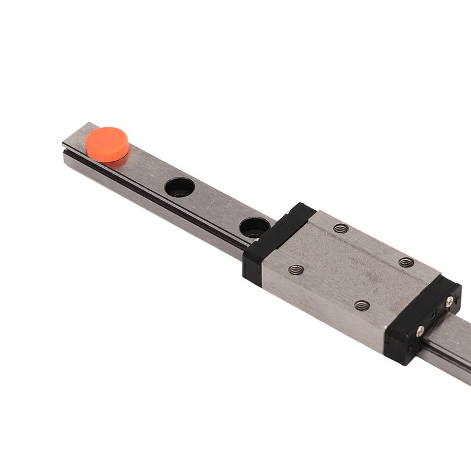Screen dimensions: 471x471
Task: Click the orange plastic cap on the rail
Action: click(107, 144)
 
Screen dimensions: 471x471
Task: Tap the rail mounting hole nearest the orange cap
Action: click(180, 187)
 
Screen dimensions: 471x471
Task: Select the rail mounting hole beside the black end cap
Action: click(254, 227)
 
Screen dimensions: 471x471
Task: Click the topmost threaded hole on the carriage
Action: click(340, 228)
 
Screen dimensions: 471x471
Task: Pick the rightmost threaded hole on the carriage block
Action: click(406, 262)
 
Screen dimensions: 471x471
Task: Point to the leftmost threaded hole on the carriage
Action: click(296, 270)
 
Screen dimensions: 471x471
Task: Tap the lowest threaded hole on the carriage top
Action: click(362, 305)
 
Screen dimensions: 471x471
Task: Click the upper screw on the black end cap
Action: click(449, 301)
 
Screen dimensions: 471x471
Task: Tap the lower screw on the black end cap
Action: click(420, 331)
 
